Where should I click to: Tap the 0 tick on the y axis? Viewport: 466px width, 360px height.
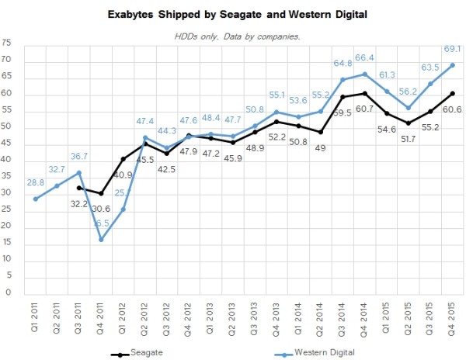(x=6, y=293)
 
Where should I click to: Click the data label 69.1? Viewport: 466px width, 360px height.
(x=453, y=49)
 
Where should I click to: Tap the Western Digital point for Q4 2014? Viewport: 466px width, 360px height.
(x=365, y=74)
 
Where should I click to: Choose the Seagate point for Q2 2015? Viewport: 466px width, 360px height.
(x=409, y=123)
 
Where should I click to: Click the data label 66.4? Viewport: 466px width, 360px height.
(x=365, y=57)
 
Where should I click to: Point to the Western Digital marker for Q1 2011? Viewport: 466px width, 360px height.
(x=36, y=199)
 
